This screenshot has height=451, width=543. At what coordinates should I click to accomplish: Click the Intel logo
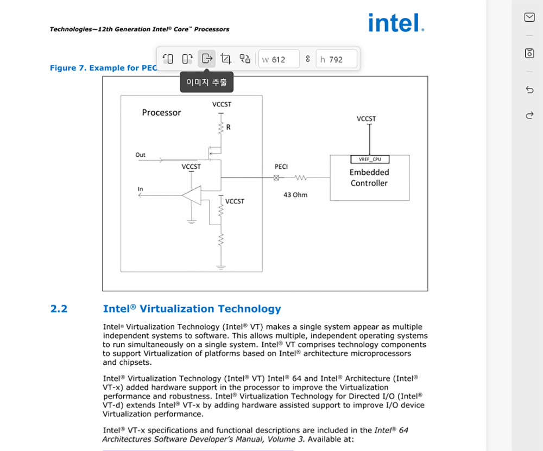tap(396, 23)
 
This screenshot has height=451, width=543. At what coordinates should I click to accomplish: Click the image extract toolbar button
tap(206, 59)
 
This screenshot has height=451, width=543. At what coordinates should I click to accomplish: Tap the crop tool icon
tap(226, 59)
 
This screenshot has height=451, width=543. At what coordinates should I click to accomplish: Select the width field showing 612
tap(279, 59)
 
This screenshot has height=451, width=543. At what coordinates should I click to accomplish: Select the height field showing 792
tap(337, 59)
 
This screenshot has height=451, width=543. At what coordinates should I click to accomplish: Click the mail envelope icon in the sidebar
tap(529, 17)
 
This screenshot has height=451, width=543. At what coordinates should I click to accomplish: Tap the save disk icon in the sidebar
tap(529, 53)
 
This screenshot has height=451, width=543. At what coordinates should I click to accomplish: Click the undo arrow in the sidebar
tap(529, 90)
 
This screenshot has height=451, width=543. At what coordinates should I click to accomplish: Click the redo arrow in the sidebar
tap(529, 115)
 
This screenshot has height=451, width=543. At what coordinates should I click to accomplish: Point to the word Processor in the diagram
tap(161, 112)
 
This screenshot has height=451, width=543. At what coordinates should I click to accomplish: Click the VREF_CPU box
tap(370, 160)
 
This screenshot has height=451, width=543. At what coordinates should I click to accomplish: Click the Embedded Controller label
tap(369, 177)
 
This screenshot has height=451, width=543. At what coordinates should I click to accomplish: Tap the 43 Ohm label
tap(295, 195)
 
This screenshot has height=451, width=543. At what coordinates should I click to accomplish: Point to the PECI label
tap(281, 167)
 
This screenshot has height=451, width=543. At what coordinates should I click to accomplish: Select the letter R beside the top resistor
tap(228, 128)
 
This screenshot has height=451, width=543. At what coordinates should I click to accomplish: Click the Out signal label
tap(140, 155)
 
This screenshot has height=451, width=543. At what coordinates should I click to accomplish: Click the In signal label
tap(140, 189)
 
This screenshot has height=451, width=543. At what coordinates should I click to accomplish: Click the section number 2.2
tap(59, 309)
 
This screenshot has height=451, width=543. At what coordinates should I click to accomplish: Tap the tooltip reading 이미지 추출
tap(206, 82)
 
